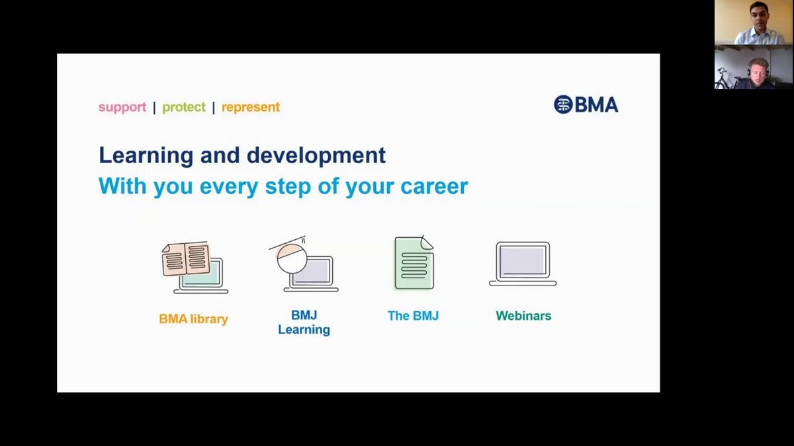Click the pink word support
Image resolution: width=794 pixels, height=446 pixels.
122,107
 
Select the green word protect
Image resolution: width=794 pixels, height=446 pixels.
184,107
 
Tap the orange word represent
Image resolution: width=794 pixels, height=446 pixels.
251,107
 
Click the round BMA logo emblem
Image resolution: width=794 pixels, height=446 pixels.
563,104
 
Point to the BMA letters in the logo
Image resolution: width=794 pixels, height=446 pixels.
597,105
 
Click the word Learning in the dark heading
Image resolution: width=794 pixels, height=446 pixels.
146,156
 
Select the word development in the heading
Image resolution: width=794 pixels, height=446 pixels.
316,156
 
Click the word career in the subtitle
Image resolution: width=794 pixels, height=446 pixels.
434,186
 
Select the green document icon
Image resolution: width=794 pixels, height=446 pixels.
414,263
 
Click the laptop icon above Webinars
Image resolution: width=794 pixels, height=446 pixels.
523,264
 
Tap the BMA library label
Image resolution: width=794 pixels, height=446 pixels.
193,319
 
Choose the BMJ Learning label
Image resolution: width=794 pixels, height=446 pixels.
304,322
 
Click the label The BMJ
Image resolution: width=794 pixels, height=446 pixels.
414,316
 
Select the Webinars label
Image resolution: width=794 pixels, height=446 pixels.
523,316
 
